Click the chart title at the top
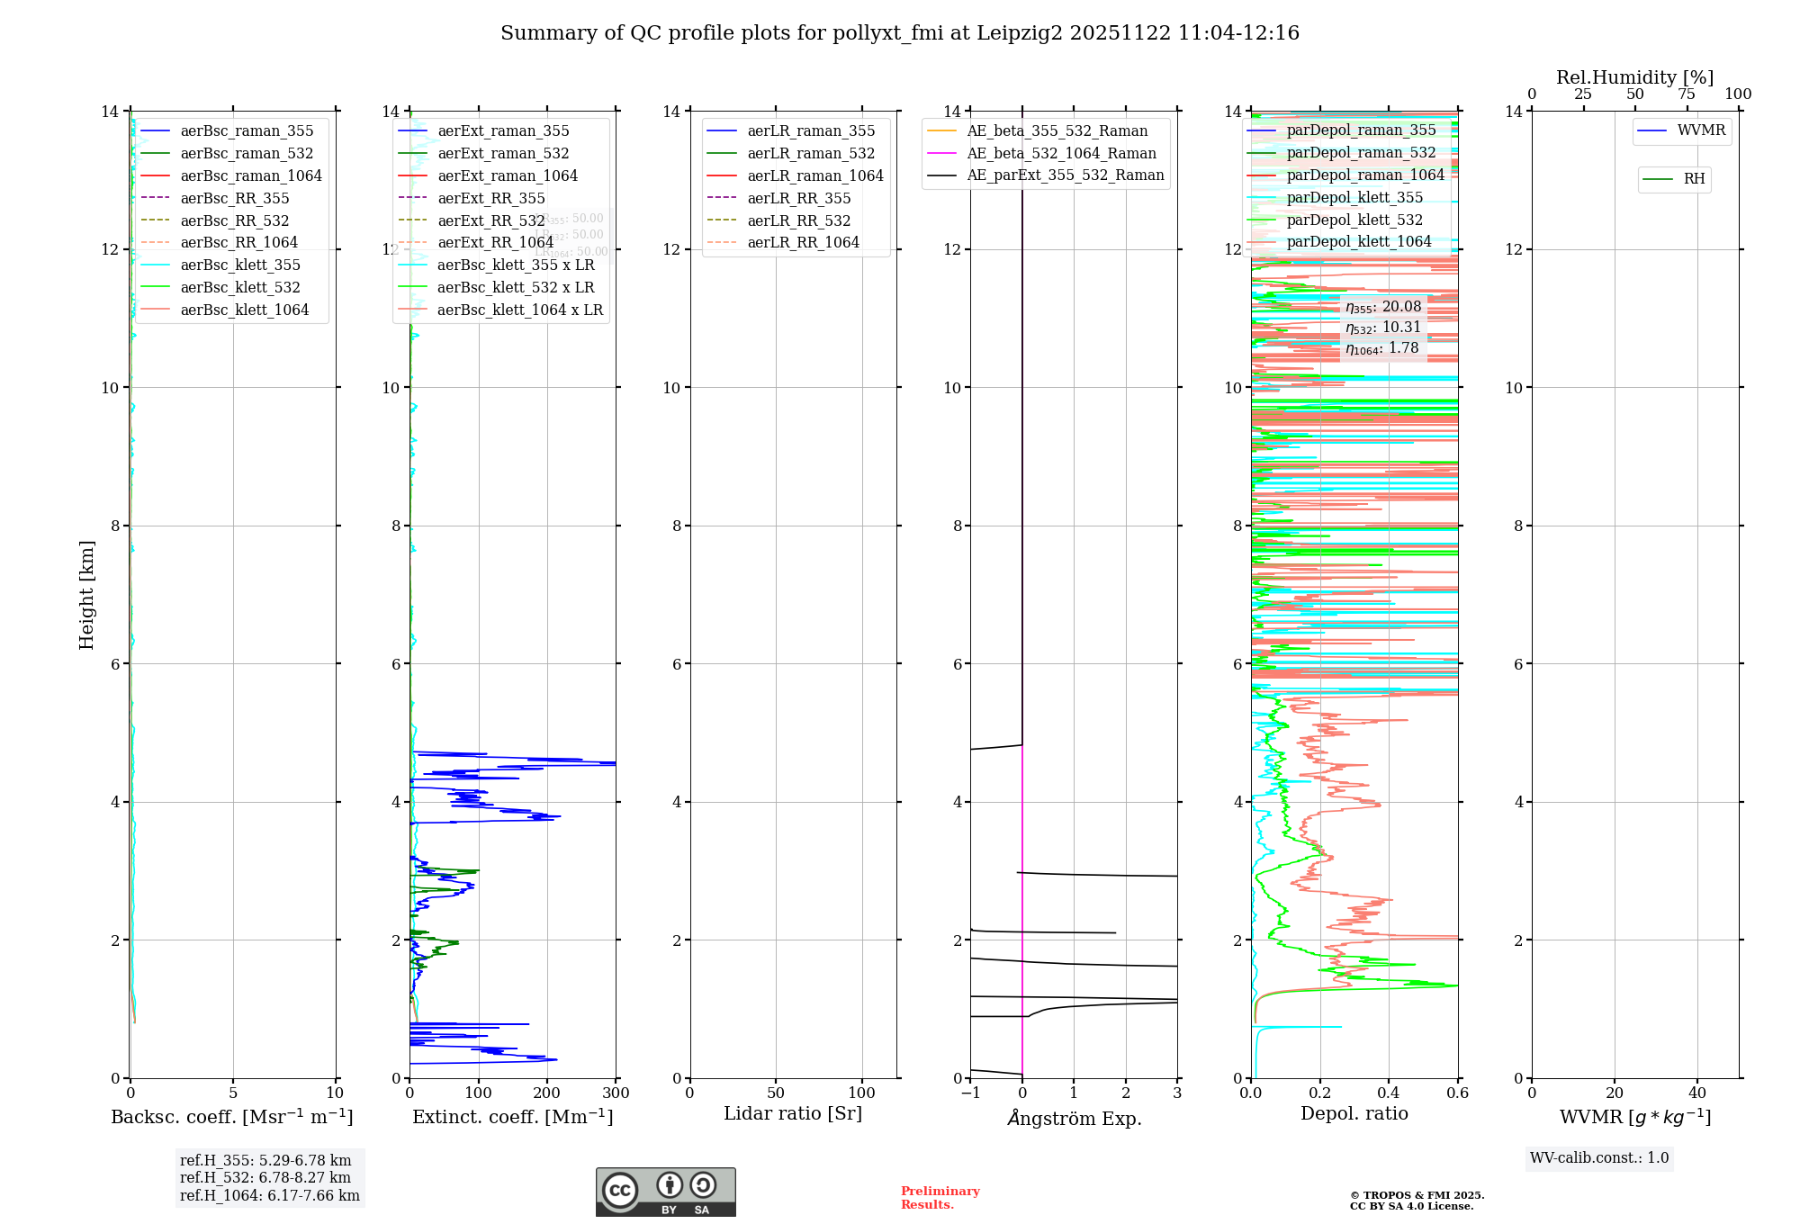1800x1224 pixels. (900, 33)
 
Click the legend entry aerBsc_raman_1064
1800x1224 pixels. (250, 176)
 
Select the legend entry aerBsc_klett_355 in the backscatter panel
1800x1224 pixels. (239, 265)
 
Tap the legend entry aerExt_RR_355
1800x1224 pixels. (490, 199)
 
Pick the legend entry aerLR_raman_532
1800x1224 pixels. (810, 154)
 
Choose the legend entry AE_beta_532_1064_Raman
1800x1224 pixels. (1061, 154)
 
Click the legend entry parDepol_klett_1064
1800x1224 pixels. (1358, 242)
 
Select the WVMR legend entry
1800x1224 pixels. (1700, 131)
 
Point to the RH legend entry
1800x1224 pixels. (1693, 179)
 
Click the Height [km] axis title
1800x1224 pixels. (86, 595)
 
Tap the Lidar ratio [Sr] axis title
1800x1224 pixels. (793, 1114)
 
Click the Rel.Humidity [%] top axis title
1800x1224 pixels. (1634, 77)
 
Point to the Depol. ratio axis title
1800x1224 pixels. (1354, 1114)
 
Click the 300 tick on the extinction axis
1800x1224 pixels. (616, 1093)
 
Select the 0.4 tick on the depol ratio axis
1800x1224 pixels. (1389, 1093)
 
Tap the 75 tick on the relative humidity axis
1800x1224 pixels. (1687, 94)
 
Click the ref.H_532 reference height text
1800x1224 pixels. (265, 1178)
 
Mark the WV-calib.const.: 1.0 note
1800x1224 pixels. (1599, 1158)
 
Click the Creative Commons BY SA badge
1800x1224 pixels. (665, 1192)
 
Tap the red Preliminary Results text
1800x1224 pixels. (940, 1198)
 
